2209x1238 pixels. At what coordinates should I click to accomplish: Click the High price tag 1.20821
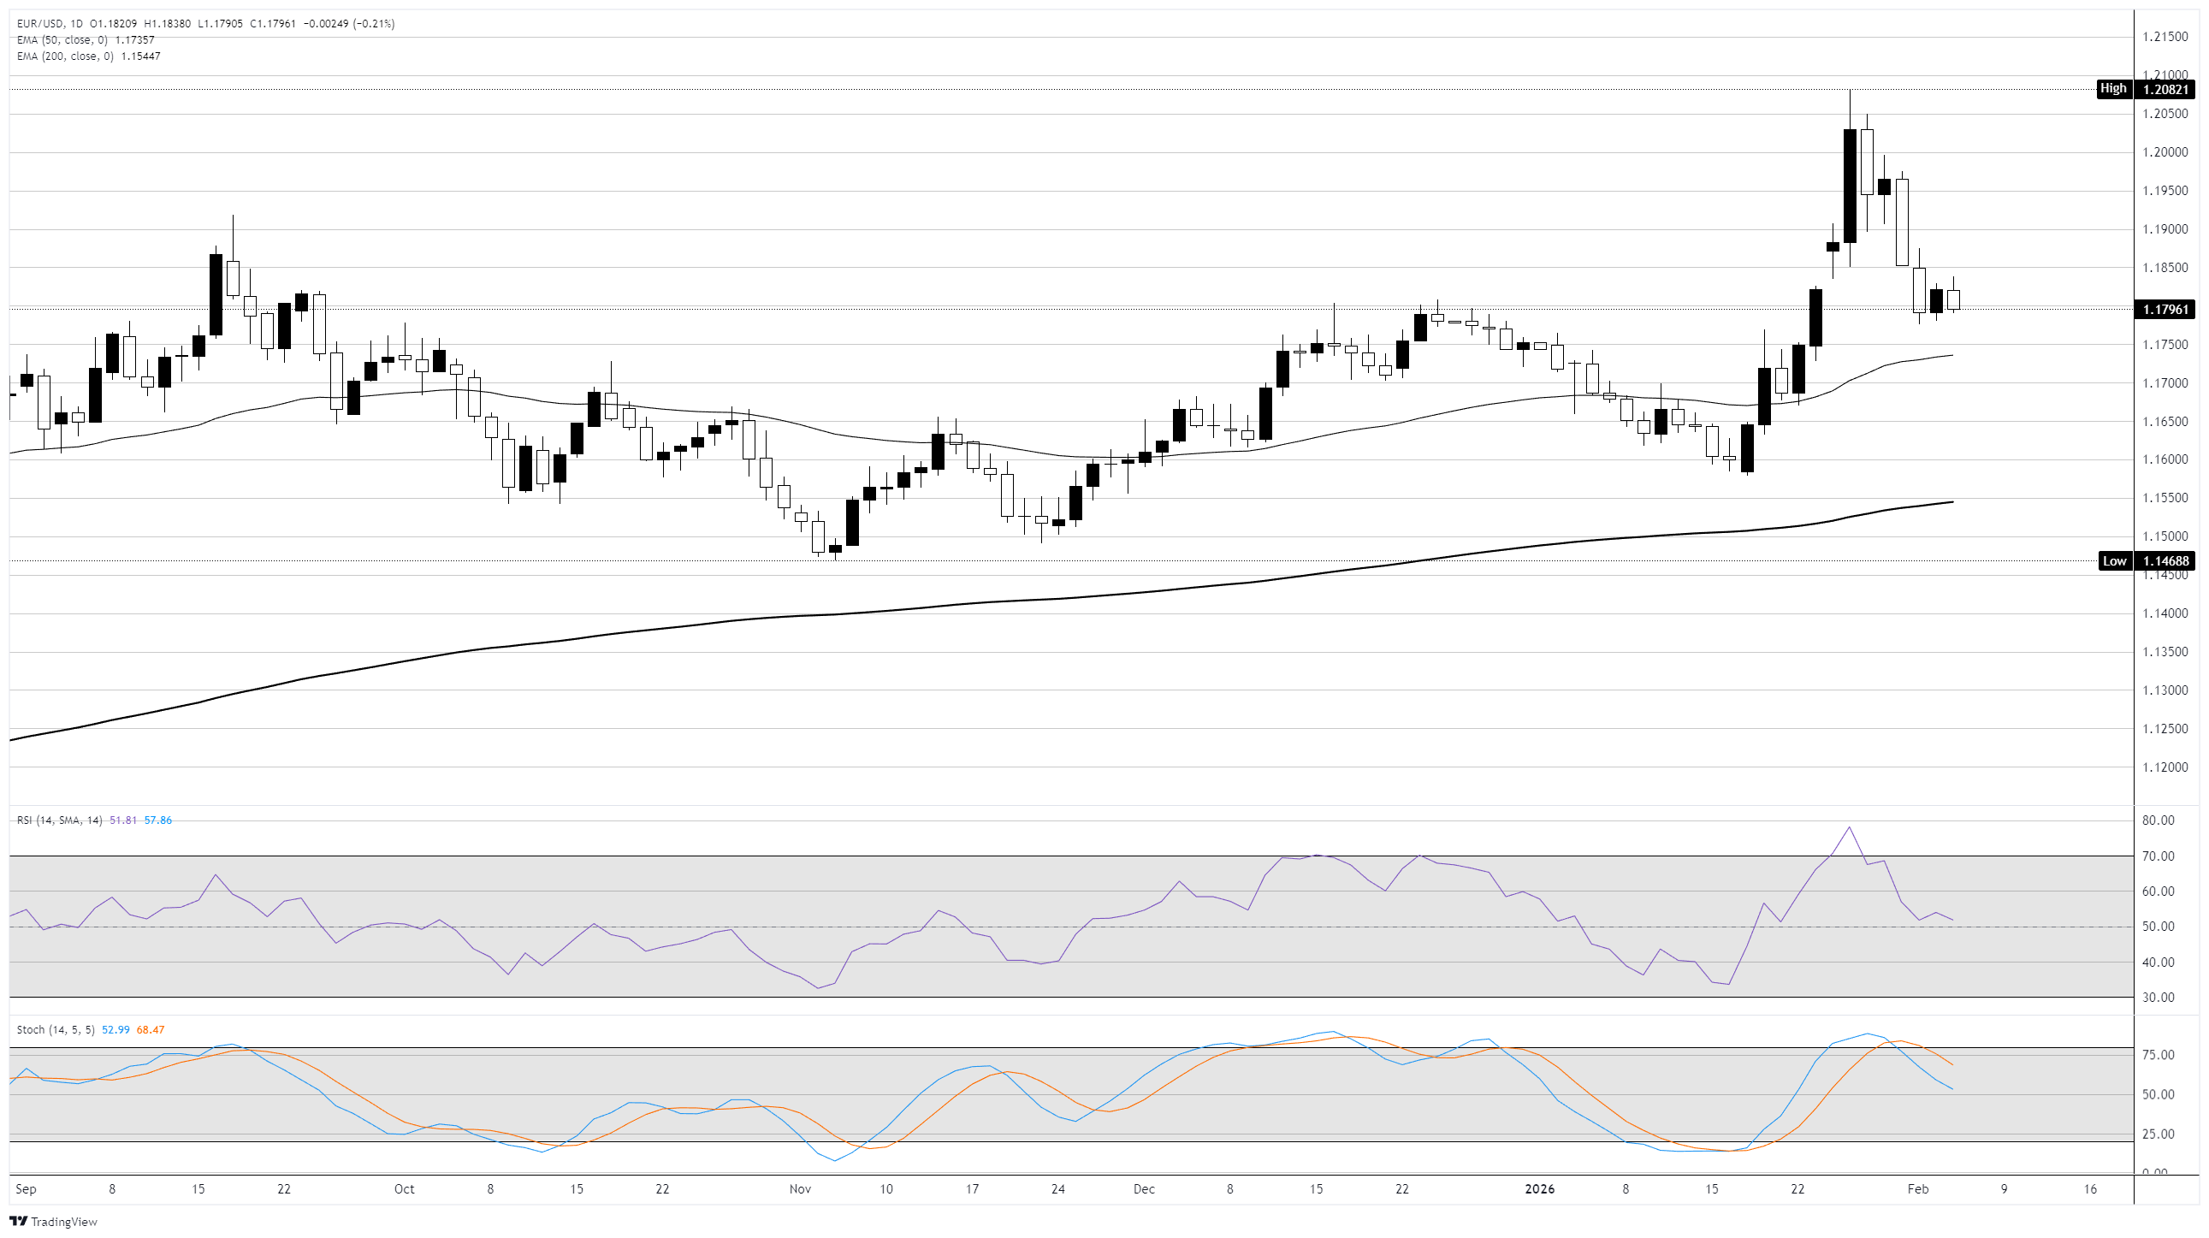pos(2165,89)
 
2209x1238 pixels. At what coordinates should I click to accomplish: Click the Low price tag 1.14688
pos(2165,561)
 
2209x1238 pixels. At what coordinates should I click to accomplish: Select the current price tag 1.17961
pos(2165,310)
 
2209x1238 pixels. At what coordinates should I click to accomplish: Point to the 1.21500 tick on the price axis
pos(2165,37)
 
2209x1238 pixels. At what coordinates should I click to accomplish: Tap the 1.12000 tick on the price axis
pos(2165,767)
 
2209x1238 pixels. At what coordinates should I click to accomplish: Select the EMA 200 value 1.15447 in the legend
pos(140,56)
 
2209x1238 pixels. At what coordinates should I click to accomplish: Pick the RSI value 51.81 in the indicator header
pos(123,820)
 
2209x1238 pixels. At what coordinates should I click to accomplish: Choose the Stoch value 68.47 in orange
pos(150,1029)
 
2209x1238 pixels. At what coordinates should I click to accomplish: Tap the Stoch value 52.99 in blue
pos(115,1029)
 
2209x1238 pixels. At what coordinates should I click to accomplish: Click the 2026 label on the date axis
pos(1539,1189)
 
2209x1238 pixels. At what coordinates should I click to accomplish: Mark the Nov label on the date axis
pos(800,1189)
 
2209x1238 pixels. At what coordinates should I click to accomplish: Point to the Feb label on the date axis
pos(1917,1189)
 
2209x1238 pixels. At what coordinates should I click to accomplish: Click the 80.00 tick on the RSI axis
pos(2158,820)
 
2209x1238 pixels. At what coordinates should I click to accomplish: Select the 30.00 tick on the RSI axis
pos(2158,998)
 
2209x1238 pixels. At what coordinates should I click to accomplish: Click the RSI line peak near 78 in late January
pos(1850,827)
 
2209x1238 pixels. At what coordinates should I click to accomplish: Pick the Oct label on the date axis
pos(404,1189)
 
